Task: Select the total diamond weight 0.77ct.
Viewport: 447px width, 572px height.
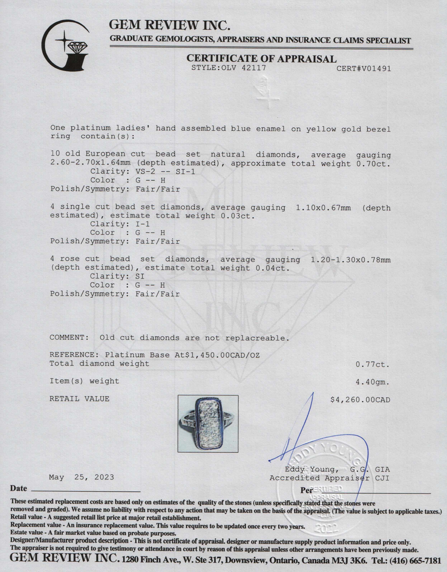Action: point(373,364)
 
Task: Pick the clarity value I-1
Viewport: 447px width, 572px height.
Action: point(142,224)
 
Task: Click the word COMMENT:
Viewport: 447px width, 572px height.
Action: point(69,338)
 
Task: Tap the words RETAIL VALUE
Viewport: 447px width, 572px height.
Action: point(79,399)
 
